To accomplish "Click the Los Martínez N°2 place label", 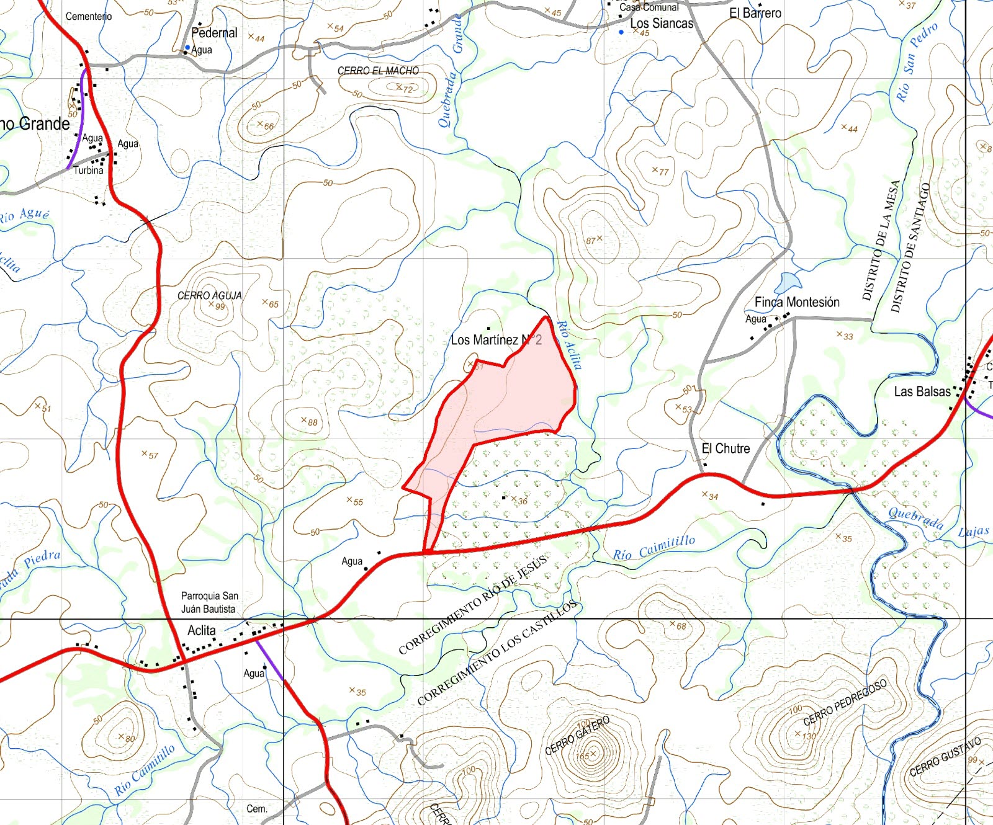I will pyautogui.click(x=496, y=340).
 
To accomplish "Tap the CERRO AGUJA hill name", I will pyautogui.click(x=209, y=296).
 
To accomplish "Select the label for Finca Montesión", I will pyautogui.click(x=797, y=302).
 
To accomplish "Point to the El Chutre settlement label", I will pyautogui.click(x=726, y=448).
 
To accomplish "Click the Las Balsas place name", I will pyautogui.click(x=922, y=391).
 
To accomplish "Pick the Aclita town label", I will pyautogui.click(x=202, y=631).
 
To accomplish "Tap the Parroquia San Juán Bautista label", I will pyautogui.click(x=209, y=602).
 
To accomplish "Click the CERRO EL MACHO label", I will pyautogui.click(x=378, y=71).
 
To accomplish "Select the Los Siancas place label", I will pyautogui.click(x=662, y=24).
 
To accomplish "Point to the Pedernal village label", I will pyautogui.click(x=214, y=33).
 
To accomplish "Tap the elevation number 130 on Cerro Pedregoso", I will pyautogui.click(x=809, y=736).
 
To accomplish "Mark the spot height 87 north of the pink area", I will pyautogui.click(x=591, y=241).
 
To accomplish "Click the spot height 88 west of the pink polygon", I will pyautogui.click(x=313, y=422).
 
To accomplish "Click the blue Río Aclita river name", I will pyautogui.click(x=568, y=346).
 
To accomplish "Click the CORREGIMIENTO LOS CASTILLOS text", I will pyautogui.click(x=497, y=653).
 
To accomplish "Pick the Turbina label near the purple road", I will pyautogui.click(x=88, y=170).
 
